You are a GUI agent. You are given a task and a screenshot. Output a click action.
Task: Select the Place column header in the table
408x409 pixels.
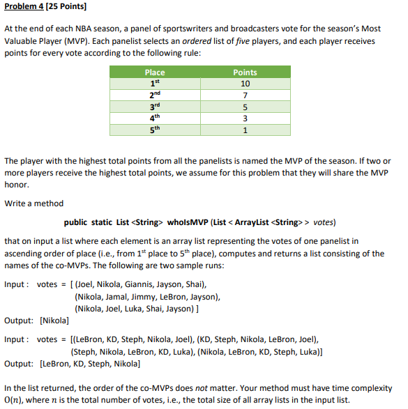click(x=154, y=72)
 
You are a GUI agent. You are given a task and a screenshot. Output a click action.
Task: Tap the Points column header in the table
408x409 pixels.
click(x=245, y=72)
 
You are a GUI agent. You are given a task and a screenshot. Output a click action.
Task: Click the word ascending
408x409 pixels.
click(x=25, y=253)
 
